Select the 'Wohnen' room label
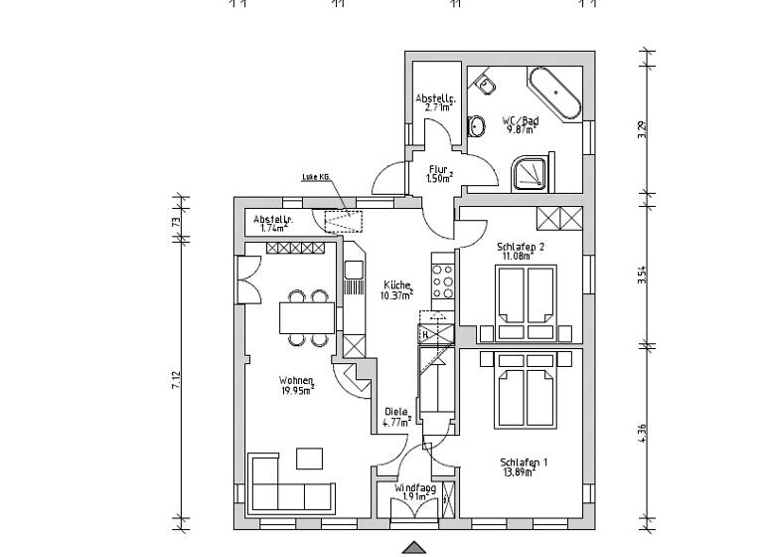[297, 381]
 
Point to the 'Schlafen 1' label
[525, 463]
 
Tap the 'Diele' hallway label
[395, 413]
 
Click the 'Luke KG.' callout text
[315, 178]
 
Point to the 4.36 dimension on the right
[643, 435]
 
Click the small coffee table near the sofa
[309, 458]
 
